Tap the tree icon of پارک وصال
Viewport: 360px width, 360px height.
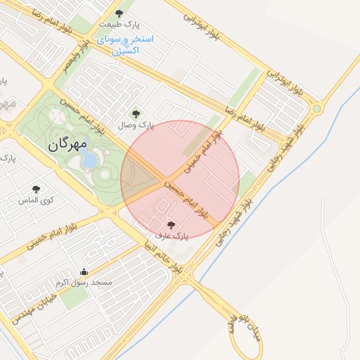136,112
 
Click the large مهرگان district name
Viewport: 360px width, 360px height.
67,146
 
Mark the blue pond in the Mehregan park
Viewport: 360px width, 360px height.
89,158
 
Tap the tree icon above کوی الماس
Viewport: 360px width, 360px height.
37,188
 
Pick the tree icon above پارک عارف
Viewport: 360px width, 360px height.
172,225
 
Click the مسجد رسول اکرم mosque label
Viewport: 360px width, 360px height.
84,283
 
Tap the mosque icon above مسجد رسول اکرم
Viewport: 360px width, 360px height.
84,271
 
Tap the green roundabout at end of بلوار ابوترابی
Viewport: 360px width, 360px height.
316,108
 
